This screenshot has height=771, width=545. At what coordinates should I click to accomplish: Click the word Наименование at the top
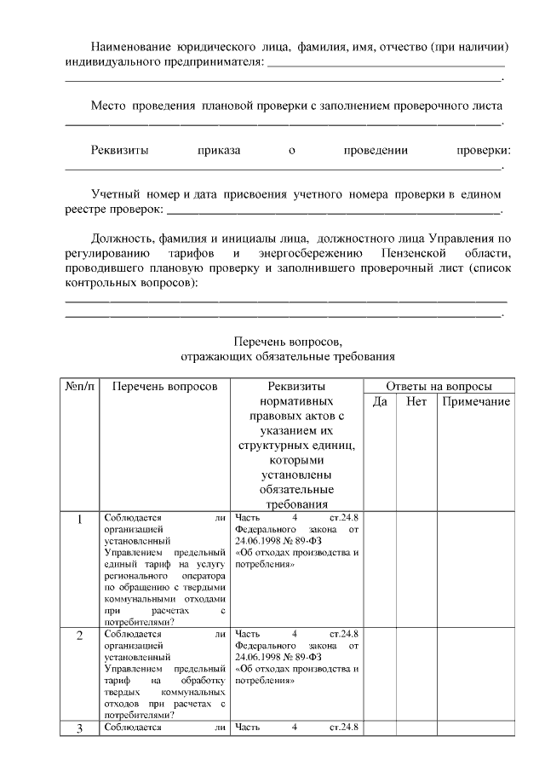pyautogui.click(x=132, y=45)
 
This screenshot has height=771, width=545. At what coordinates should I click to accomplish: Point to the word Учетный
pyautogui.click(x=117, y=195)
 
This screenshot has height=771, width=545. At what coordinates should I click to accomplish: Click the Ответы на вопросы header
pyautogui.click(x=439, y=386)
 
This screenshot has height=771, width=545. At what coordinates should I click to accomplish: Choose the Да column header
pyautogui.click(x=381, y=401)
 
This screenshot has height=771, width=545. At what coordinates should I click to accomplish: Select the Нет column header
pyautogui.click(x=416, y=401)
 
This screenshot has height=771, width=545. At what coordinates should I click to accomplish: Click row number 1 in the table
pyautogui.click(x=80, y=518)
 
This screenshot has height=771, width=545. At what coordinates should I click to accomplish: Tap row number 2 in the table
pyautogui.click(x=80, y=636)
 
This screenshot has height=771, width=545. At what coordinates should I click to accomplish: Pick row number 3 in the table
pyautogui.click(x=80, y=728)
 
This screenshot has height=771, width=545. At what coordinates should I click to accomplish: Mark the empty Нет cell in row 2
pyautogui.click(x=416, y=674)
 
